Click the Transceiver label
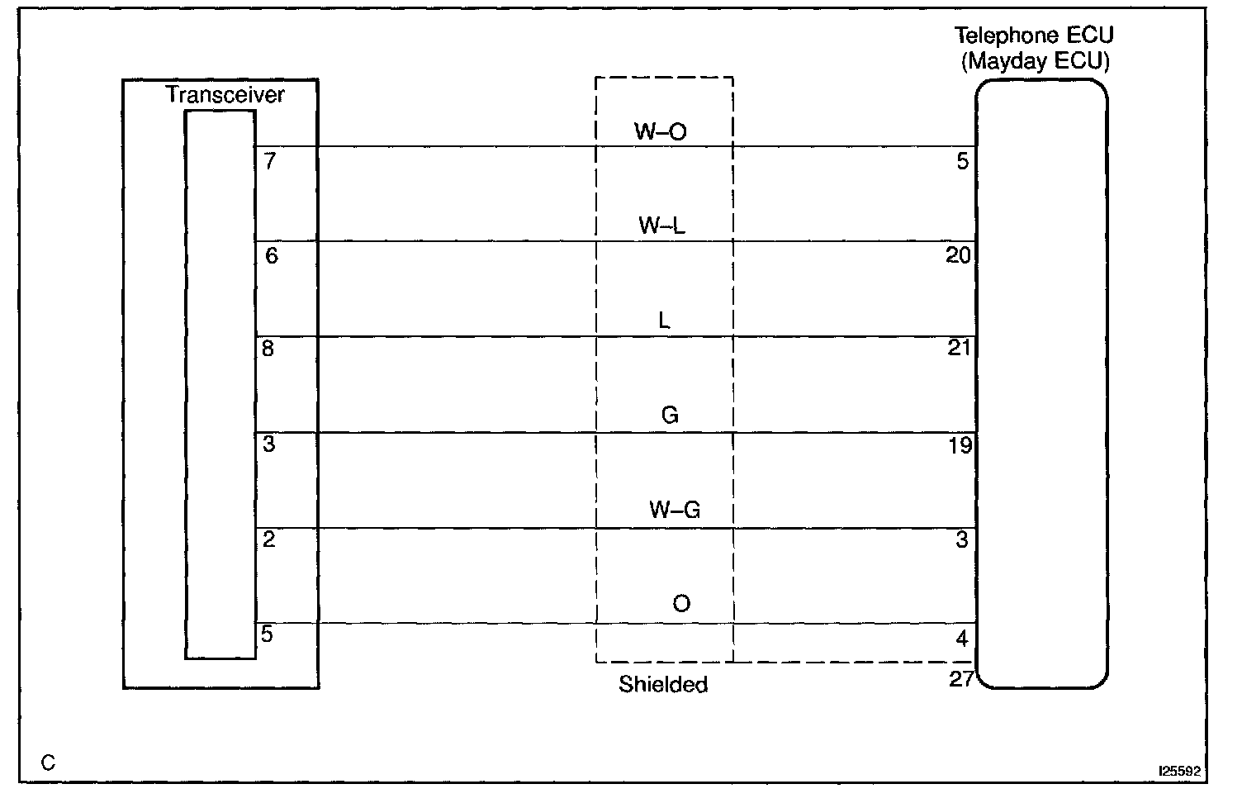pyautogui.click(x=225, y=94)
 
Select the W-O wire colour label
pyautogui.click(x=660, y=131)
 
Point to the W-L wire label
pyautogui.click(x=661, y=226)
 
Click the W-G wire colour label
pyautogui.click(x=674, y=510)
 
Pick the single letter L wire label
pyautogui.click(x=664, y=321)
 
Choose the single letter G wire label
pyautogui.click(x=670, y=415)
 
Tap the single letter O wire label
pyautogui.click(x=680, y=604)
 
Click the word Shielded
pyautogui.click(x=663, y=684)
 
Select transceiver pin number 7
pyautogui.click(x=270, y=161)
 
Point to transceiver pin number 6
pyautogui.click(x=272, y=256)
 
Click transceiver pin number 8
pyautogui.click(x=268, y=349)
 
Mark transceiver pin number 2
pyautogui.click(x=269, y=540)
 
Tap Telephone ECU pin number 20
pyautogui.click(x=958, y=256)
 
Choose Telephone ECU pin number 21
pyautogui.click(x=959, y=349)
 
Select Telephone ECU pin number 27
pyautogui.click(x=961, y=681)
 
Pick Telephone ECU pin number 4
pyautogui.click(x=962, y=639)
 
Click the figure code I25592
pyautogui.click(x=1178, y=771)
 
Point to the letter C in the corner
pyautogui.click(x=48, y=763)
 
